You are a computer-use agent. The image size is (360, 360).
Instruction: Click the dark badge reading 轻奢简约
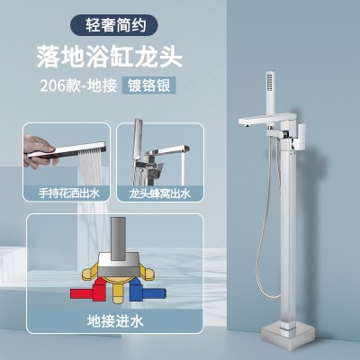coord(114,25)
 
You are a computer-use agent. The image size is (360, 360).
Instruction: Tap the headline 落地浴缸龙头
coord(110,57)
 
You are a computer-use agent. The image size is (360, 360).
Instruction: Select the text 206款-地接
coord(78,85)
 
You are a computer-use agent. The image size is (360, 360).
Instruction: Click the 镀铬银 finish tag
coord(148,85)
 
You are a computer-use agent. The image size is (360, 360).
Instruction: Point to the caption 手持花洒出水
coord(69,193)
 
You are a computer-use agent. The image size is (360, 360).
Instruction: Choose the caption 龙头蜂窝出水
coord(160,193)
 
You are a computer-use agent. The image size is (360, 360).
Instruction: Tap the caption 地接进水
coord(115,321)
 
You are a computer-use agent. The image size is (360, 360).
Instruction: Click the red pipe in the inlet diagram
coord(85,292)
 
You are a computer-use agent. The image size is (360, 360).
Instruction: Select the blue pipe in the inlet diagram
coord(148,292)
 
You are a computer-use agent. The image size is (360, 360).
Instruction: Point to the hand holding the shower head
coord(39,150)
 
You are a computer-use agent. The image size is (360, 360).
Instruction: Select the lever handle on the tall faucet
coord(301,137)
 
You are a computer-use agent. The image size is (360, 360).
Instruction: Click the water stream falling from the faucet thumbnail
coord(182,169)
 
